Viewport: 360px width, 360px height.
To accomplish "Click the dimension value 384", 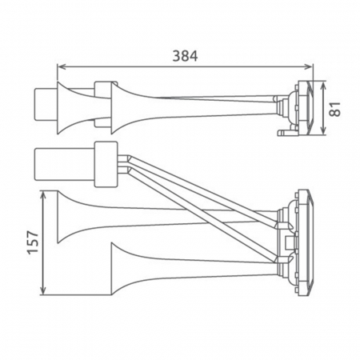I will click(184, 55).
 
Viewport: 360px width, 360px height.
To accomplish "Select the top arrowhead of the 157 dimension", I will click(42, 194).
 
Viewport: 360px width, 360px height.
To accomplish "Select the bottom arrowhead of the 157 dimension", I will click(42, 290).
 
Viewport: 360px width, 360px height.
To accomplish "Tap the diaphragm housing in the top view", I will click(304, 106).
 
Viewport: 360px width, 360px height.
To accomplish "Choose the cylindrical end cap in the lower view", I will click(48, 165).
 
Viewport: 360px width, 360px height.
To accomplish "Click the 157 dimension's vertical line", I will click(42, 242).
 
